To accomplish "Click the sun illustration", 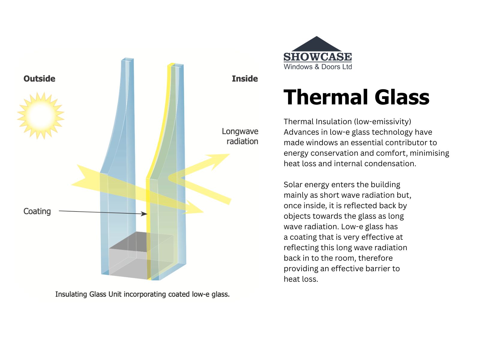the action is (41, 115).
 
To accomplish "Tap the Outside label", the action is (39, 79).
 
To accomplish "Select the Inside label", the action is (245, 79).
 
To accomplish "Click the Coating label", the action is (37, 211).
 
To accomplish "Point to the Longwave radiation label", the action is (240, 136).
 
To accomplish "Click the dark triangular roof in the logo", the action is (316, 44).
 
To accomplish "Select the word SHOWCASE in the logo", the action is (317, 57).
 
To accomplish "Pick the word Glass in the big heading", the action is (402, 97).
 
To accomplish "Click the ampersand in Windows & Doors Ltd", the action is (317, 67).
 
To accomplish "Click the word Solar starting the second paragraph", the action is (293, 184).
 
